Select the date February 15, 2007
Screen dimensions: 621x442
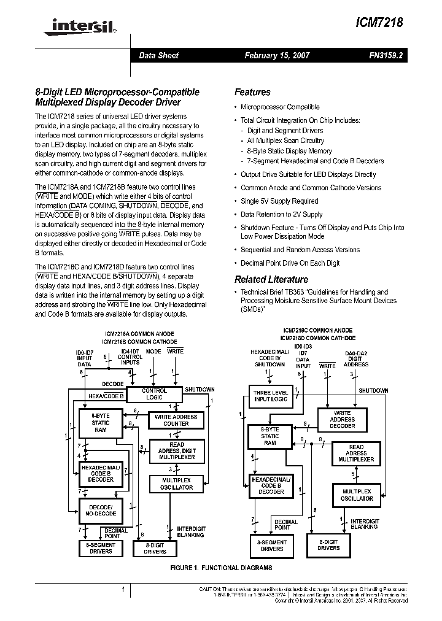pyautogui.click(x=277, y=55)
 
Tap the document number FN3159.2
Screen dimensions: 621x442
pyautogui.click(x=386, y=55)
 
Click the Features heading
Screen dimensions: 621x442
pyautogui.click(x=252, y=92)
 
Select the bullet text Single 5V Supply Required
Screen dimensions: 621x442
pyautogui.click(x=279, y=201)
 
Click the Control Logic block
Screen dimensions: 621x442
pyautogui.click(x=154, y=394)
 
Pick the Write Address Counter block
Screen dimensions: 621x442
pyautogui.click(x=176, y=420)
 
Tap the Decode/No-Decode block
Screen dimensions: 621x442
pyautogui.click(x=101, y=511)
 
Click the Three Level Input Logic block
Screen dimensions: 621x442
pyautogui.click(x=270, y=395)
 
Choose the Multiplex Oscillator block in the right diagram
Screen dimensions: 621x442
pyautogui.click(x=357, y=495)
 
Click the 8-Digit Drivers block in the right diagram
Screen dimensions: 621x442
pyautogui.click(x=328, y=545)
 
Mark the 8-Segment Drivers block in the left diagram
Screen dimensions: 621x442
pyautogui.click(x=101, y=548)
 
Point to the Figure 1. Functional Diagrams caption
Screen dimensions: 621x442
pyautogui.click(x=220, y=568)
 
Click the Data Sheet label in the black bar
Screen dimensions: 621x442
pyautogui.click(x=158, y=55)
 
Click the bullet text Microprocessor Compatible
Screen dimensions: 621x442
pyautogui.click(x=280, y=107)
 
